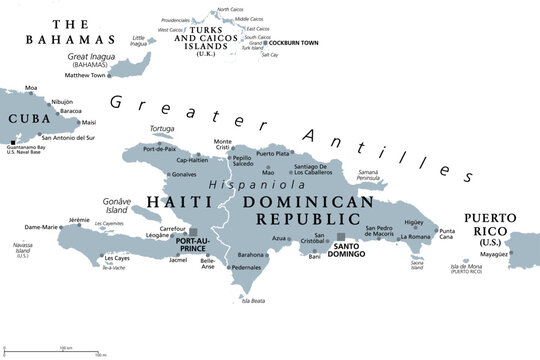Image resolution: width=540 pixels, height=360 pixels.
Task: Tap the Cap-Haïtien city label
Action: tap(197, 160)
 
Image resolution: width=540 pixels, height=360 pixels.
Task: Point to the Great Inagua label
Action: tap(90, 58)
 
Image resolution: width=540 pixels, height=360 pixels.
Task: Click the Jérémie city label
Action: tap(79, 219)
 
